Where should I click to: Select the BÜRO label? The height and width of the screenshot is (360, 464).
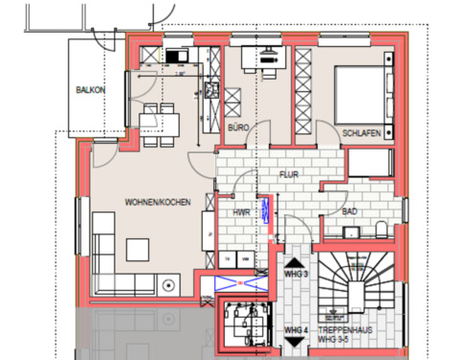click(239, 127)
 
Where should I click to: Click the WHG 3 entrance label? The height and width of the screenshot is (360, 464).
click(295, 275)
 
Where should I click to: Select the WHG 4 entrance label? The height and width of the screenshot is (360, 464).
click(295, 331)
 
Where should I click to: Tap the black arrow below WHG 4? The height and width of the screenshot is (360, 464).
click(295, 347)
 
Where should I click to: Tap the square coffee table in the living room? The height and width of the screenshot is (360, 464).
click(138, 248)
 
